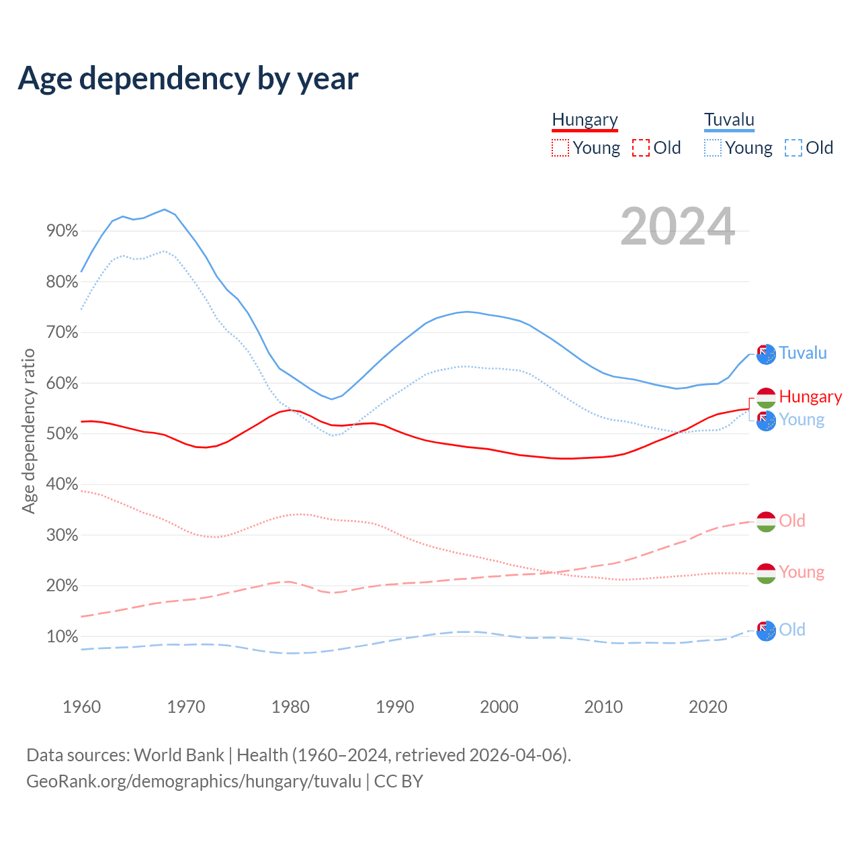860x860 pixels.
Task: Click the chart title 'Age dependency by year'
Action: pyautogui.click(x=188, y=79)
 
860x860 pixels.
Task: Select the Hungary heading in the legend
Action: pyautogui.click(x=585, y=120)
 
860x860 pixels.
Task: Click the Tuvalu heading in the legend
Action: pyautogui.click(x=729, y=120)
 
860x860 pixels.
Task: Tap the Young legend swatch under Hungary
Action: pyautogui.click(x=560, y=148)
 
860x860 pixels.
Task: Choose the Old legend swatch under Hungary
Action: pyautogui.click(x=640, y=148)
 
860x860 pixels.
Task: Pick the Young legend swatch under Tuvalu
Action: pyautogui.click(x=712, y=148)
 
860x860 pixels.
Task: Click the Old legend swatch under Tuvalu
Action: pyautogui.click(x=793, y=148)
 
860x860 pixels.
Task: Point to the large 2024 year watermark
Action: pyautogui.click(x=677, y=226)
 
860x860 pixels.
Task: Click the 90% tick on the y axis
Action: pyautogui.click(x=62, y=231)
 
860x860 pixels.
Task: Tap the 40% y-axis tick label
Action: pyautogui.click(x=62, y=484)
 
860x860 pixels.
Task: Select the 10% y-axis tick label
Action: pyautogui.click(x=62, y=636)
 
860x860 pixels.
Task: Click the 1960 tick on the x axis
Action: pyautogui.click(x=81, y=707)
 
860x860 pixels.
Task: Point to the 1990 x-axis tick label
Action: pyautogui.click(x=394, y=707)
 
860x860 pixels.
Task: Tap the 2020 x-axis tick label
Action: pyautogui.click(x=707, y=707)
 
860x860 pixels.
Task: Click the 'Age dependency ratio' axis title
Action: pyautogui.click(x=28, y=431)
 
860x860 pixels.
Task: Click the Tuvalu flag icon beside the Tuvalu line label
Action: pyautogui.click(x=766, y=354)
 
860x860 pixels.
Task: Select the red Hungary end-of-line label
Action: pyautogui.click(x=810, y=397)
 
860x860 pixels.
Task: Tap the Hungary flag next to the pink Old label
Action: pyautogui.click(x=766, y=521)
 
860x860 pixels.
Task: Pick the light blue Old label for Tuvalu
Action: pyautogui.click(x=792, y=630)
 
